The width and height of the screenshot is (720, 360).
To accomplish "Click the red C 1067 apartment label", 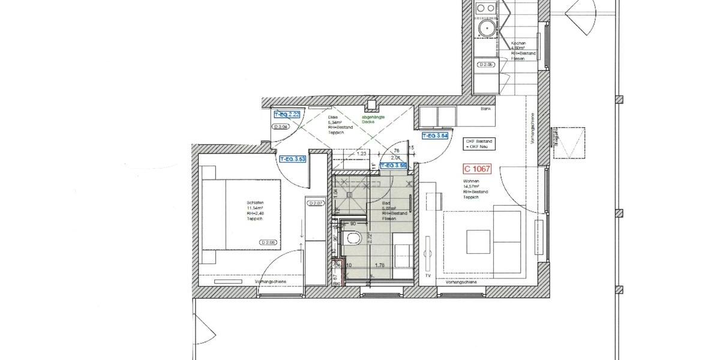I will point(477,170).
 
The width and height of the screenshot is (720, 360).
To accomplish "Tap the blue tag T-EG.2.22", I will point(286,114).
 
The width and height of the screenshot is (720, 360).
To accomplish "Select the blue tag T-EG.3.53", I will point(293,160).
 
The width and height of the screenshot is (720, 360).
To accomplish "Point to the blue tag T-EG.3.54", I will point(436,137).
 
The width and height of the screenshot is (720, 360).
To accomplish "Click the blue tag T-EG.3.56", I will point(394,164).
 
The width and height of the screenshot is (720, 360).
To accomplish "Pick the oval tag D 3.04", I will point(281,127).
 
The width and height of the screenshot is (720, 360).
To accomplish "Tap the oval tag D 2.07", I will point(316,204).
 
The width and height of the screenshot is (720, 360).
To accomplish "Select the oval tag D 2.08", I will point(268,242).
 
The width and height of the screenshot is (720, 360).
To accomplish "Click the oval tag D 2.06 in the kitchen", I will point(485,64).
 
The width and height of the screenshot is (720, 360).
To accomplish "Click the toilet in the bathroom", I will point(352,238).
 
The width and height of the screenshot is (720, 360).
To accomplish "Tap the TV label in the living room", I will point(428,275).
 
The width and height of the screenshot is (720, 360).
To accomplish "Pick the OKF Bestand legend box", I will point(478,144).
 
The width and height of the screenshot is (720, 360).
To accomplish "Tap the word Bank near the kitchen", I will point(485,110).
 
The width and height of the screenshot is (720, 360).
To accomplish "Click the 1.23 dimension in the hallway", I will point(361,154).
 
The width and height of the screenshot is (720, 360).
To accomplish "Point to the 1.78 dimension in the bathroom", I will point(379,265).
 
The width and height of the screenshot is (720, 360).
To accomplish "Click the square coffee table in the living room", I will point(479,241).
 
